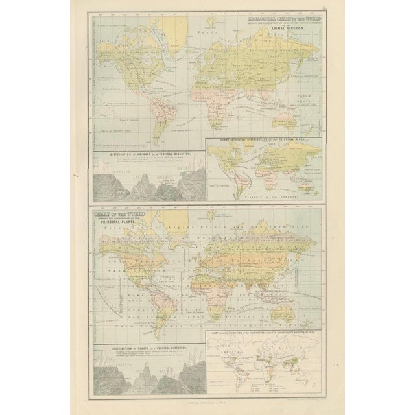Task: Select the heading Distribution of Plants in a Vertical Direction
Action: pyautogui.click(x=145, y=350)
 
